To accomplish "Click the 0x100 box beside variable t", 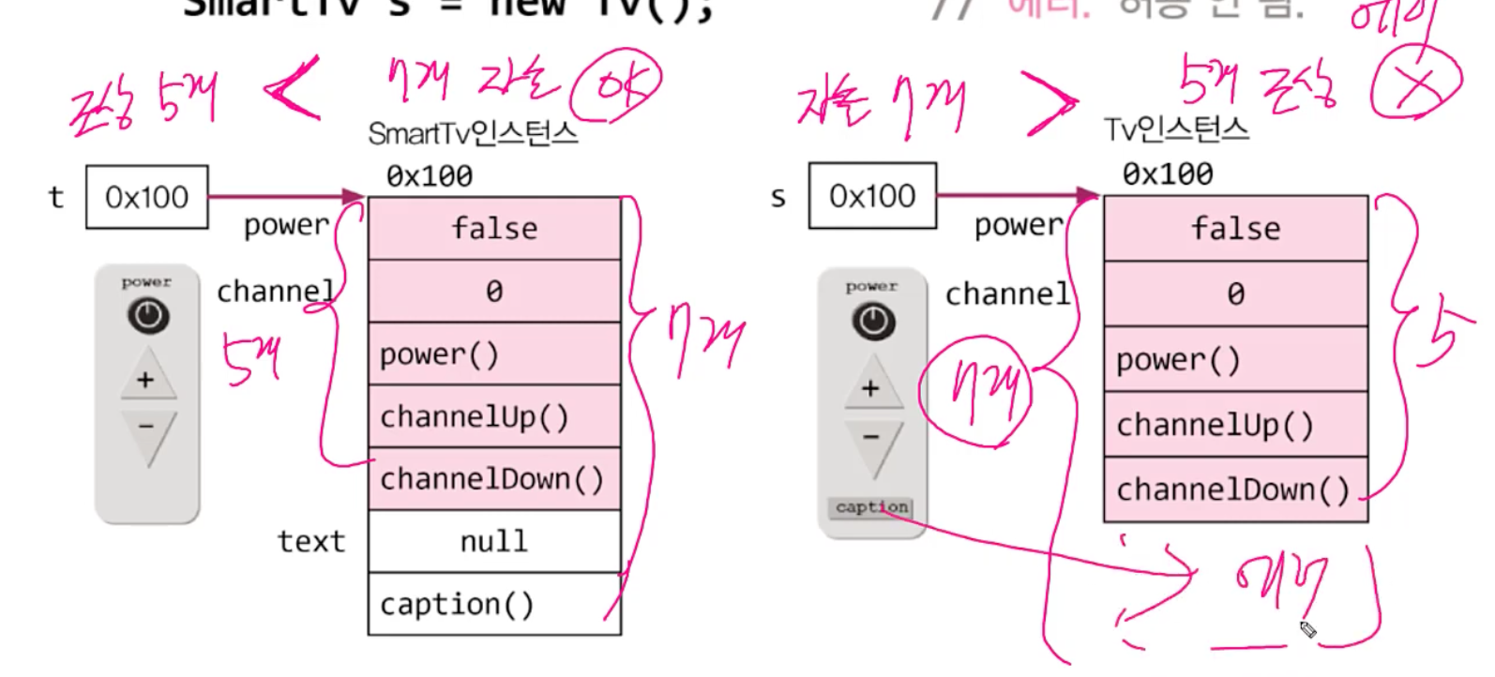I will [146, 197].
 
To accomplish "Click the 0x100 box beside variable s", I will [872, 195].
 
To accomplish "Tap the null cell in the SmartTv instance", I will [494, 541].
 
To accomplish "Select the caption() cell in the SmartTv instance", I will [494, 604].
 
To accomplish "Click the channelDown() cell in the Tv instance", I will [1235, 489].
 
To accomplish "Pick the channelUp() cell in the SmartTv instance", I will [494, 416].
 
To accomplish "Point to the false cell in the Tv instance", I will [1235, 228].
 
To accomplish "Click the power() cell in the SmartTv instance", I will [494, 354].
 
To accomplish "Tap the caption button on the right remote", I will [872, 507].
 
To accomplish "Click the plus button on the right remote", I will [870, 387].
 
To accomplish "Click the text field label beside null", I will [311, 541].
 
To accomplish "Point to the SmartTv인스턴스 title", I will [473, 134].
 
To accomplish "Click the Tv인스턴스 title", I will [1176, 128].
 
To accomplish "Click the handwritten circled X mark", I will [1417, 84].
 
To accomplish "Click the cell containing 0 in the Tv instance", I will [1235, 293].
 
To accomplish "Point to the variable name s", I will [778, 197].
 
